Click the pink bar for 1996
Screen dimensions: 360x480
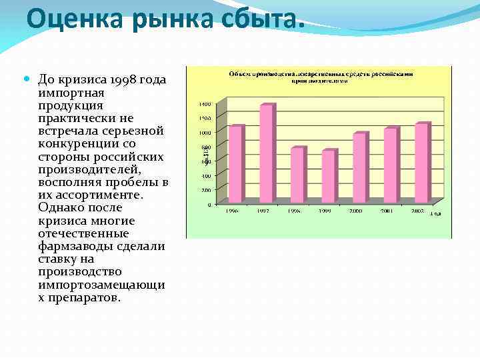point(235,164)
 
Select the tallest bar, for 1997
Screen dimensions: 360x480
point(266,153)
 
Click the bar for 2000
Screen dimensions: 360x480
point(359,167)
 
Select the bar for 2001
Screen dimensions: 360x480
point(391,165)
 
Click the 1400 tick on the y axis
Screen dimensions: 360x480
point(205,105)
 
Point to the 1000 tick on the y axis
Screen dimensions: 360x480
point(205,133)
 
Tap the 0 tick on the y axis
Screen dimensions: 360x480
point(209,205)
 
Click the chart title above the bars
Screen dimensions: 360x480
point(322,76)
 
